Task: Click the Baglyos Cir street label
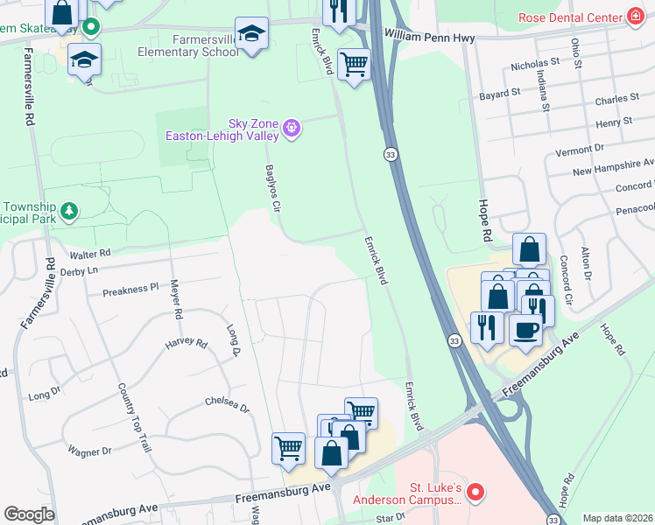tap(272, 190)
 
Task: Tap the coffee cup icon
tap(525, 331)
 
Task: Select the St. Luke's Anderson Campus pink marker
tap(475, 493)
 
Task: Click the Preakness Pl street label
tap(130, 287)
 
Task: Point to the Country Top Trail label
tap(134, 418)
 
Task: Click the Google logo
tap(28, 514)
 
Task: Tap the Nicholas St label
tap(535, 64)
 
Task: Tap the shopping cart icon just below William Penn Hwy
tap(354, 64)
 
